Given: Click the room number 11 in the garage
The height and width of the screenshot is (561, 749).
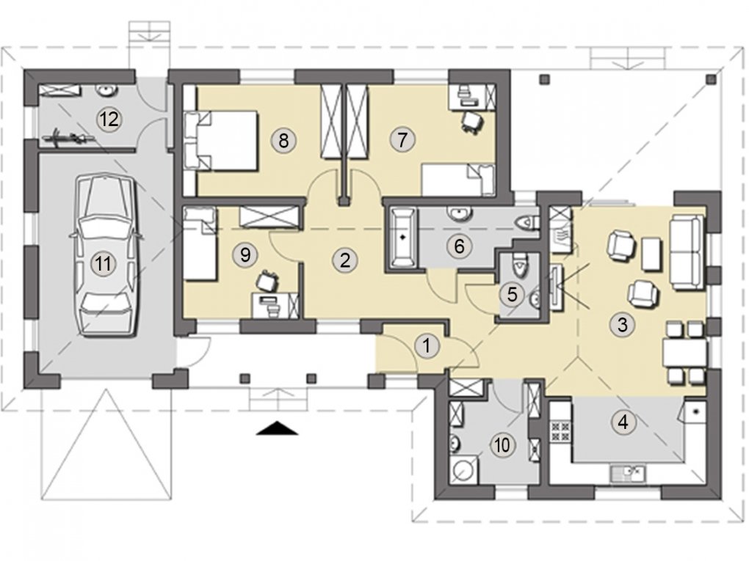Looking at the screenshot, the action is [x=104, y=263].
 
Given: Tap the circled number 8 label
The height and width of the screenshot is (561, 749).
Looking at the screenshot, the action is [x=283, y=141].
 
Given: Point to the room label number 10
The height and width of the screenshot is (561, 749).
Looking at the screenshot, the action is [x=502, y=445].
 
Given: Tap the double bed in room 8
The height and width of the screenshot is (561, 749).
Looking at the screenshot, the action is [x=221, y=141].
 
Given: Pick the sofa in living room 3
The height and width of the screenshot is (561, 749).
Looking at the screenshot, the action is [x=687, y=252].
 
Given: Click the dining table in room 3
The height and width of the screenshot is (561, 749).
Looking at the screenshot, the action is [x=684, y=351].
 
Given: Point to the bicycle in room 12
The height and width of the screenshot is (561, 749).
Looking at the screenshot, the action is [x=68, y=139].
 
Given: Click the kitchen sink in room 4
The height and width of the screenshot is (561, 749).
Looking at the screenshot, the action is [x=628, y=473].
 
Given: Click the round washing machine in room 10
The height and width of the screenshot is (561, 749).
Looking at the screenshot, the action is [x=463, y=469].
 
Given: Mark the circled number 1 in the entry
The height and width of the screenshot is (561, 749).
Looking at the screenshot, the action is [x=427, y=346].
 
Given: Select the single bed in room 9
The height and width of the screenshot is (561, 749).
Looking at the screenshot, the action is [x=200, y=243].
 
